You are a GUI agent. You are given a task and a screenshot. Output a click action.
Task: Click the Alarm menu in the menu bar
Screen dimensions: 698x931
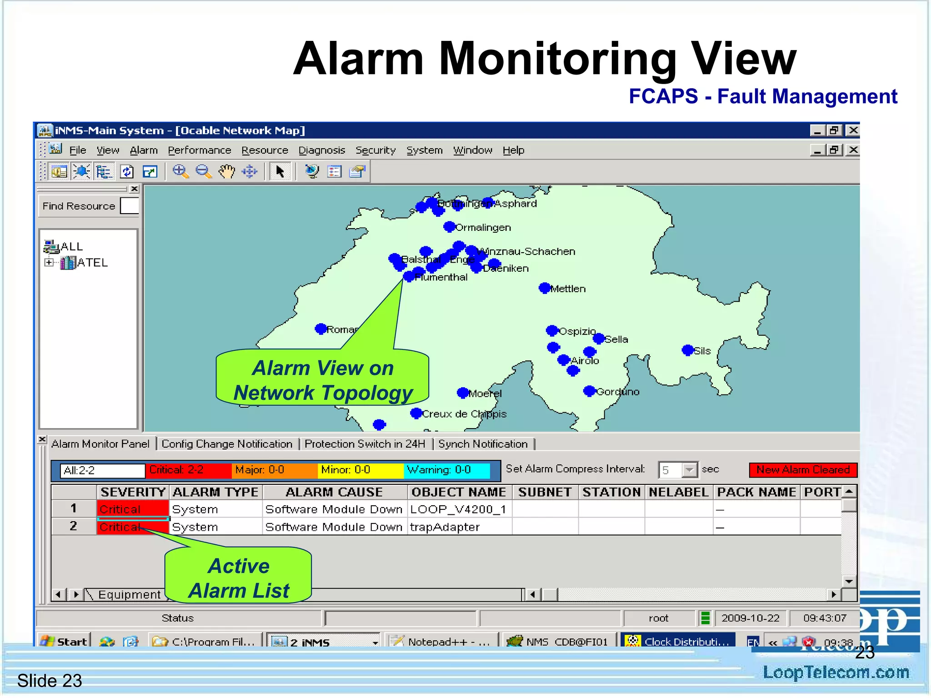click(x=144, y=150)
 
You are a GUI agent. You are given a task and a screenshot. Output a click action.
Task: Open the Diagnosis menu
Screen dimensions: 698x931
click(x=321, y=150)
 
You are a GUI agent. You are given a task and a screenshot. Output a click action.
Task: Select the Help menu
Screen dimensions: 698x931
click(x=513, y=150)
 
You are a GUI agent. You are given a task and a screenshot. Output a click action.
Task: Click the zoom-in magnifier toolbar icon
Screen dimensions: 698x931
click(x=180, y=172)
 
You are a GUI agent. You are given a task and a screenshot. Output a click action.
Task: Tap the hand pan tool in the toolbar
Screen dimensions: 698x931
click(x=226, y=172)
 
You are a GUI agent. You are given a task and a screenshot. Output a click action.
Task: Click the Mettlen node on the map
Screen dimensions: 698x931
click(x=545, y=288)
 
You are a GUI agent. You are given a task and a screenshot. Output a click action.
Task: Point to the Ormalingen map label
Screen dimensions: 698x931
click(x=483, y=228)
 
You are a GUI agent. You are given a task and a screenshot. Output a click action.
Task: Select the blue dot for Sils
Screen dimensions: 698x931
click(x=688, y=350)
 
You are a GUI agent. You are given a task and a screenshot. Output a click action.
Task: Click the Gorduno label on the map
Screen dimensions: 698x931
click(x=618, y=392)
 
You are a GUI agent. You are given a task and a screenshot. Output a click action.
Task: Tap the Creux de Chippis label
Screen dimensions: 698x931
click(x=464, y=414)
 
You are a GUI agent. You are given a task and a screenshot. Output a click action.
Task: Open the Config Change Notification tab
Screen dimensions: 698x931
click(x=227, y=444)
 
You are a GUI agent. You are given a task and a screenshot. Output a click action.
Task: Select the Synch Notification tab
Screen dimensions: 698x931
click(x=483, y=444)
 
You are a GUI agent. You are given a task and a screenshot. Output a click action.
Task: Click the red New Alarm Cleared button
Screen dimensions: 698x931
click(x=803, y=470)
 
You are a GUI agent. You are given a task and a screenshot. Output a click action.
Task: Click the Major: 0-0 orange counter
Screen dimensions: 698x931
click(x=274, y=470)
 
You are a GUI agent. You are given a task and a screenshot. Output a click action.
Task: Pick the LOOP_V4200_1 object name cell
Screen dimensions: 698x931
click(x=458, y=509)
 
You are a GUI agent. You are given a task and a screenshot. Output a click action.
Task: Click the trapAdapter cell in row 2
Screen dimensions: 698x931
click(x=445, y=527)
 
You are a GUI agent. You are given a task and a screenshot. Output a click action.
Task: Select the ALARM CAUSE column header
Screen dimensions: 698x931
click(x=334, y=492)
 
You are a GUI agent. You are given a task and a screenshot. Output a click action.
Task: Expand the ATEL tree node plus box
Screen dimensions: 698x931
click(x=49, y=263)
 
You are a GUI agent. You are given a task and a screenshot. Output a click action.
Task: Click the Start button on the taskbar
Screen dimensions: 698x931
click(x=64, y=641)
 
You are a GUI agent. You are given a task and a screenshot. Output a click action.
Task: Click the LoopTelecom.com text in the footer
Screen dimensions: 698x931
click(x=836, y=673)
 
